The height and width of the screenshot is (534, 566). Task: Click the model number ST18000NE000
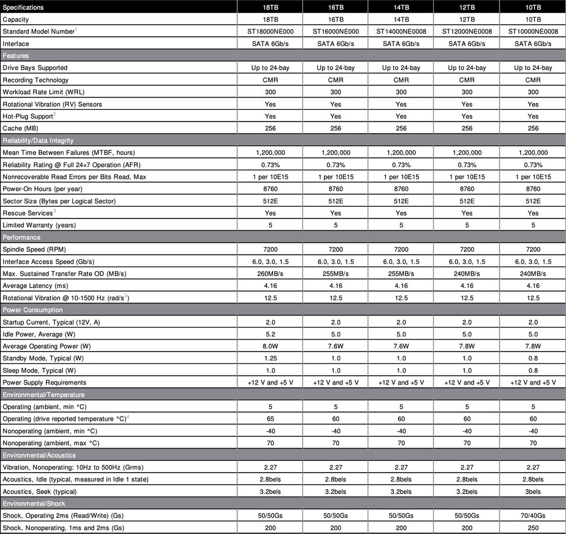270,32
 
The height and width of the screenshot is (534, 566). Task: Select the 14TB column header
401,7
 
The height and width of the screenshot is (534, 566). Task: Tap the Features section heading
16,56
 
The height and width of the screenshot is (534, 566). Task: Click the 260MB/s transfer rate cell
270,273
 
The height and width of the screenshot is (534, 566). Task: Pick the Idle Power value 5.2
270,334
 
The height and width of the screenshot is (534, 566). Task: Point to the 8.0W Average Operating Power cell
270,346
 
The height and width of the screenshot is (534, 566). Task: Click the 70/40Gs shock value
533,516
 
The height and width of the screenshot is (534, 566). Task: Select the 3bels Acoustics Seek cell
533,491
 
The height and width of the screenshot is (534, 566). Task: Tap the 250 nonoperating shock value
533,528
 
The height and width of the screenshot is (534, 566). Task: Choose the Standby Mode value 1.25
270,358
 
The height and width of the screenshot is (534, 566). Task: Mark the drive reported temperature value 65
270,419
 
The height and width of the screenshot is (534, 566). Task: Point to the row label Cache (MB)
20,128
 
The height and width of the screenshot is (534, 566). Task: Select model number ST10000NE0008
533,32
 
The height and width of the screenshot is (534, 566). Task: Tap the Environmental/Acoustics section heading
39,455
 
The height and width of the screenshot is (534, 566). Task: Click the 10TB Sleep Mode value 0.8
533,370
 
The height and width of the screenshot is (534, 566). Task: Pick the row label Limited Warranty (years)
39,225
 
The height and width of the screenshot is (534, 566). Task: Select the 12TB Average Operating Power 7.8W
467,346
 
